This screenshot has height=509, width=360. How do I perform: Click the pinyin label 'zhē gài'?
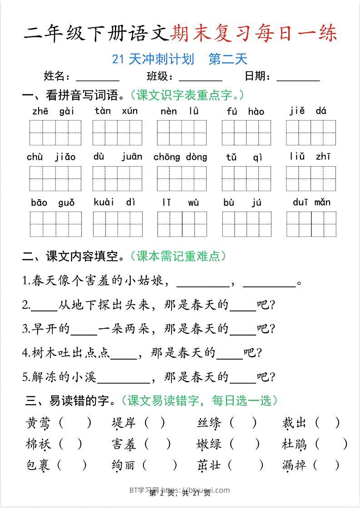coord(54,111)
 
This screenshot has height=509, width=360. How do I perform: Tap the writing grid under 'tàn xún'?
coord(117,133)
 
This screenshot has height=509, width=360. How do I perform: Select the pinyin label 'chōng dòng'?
coord(180,157)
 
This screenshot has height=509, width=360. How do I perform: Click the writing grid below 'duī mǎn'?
coord(311,224)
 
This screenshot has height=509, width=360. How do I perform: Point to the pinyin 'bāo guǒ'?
coord(53,203)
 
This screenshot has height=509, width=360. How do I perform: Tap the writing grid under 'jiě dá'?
coord(311,133)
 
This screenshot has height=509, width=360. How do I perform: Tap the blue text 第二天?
coord(228,59)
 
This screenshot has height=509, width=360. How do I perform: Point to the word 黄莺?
coord(38,423)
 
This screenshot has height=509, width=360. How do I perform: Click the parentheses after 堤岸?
coord(155,423)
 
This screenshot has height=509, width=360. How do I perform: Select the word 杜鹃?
coord(294,444)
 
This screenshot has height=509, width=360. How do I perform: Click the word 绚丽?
coord(124,465)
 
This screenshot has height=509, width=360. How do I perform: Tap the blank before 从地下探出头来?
coord(44,305)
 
